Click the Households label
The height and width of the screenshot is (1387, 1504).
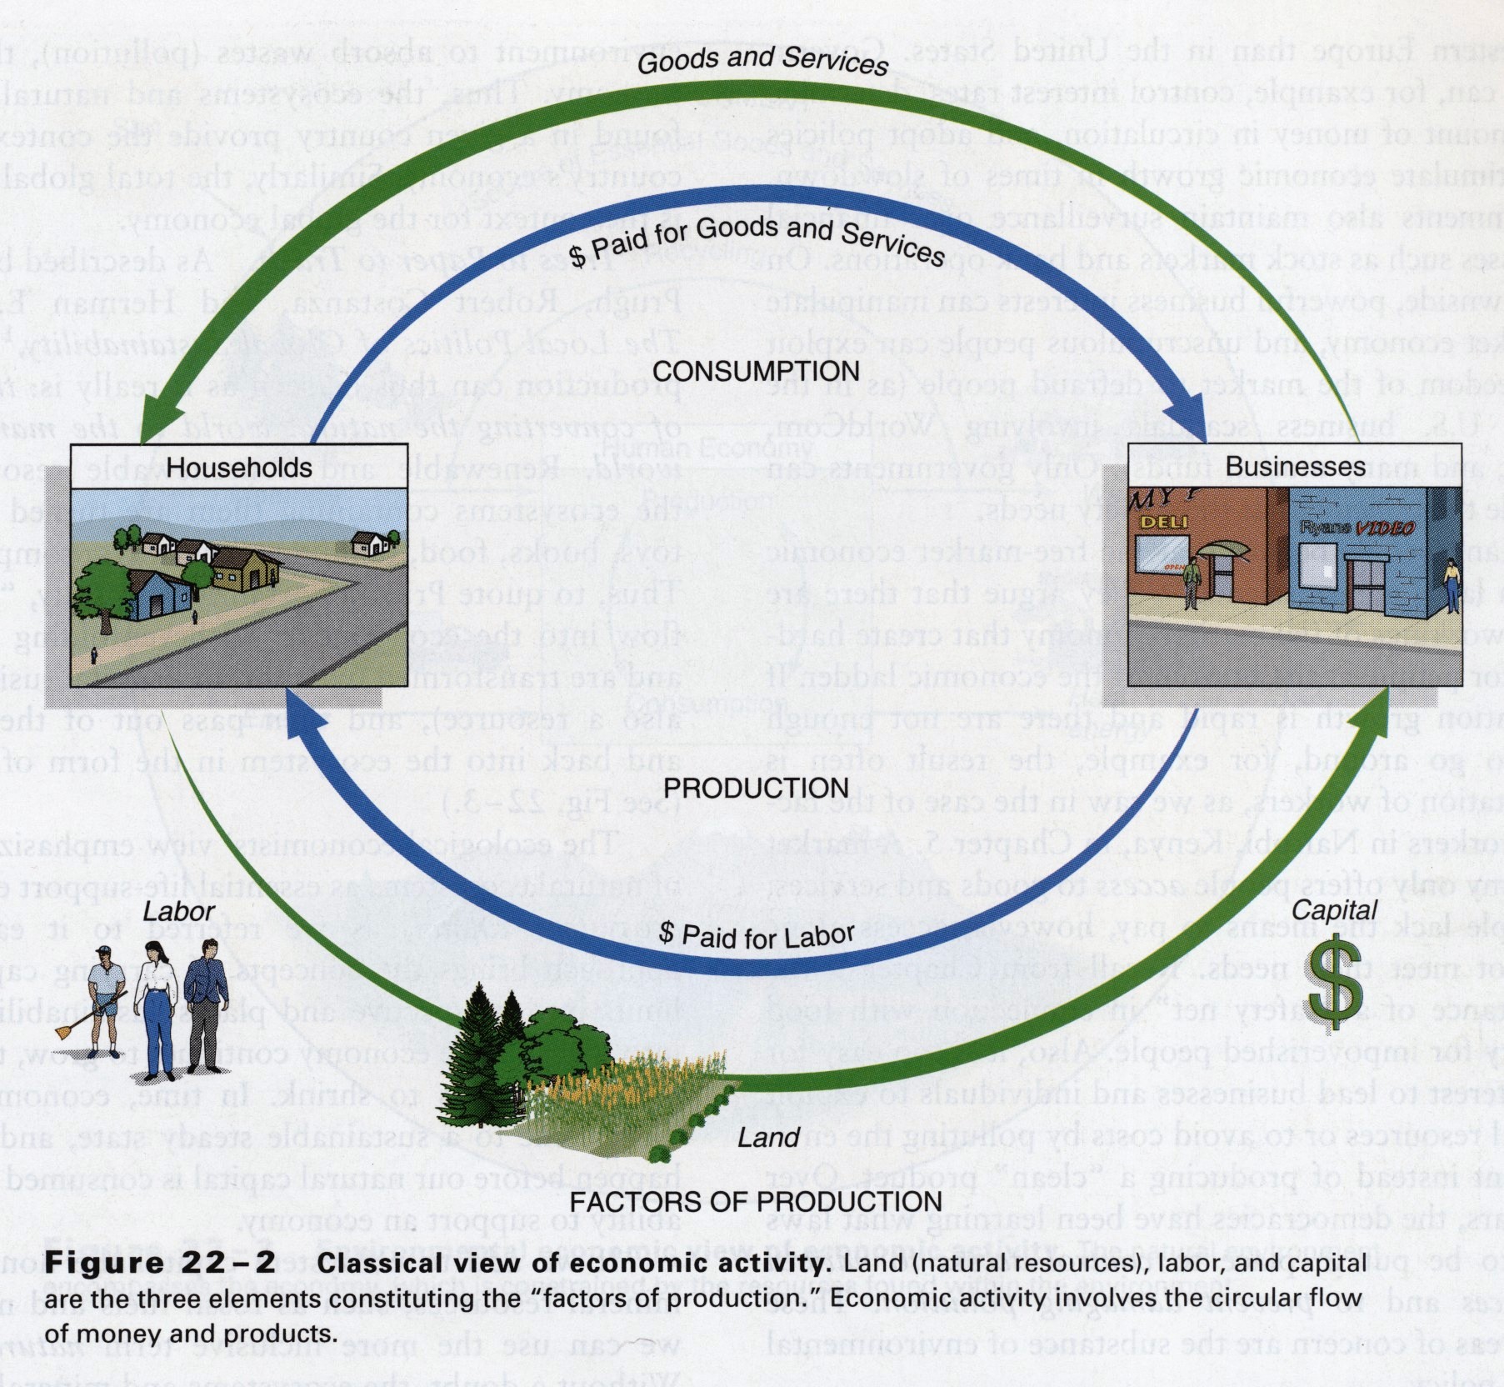[x=239, y=468]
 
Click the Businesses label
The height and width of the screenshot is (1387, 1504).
[x=1295, y=466]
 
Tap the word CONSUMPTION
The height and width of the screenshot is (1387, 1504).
[x=756, y=371]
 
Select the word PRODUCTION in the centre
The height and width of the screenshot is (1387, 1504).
[x=756, y=788]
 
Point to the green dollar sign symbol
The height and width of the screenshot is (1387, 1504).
[x=1335, y=984]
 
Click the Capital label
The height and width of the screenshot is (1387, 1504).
[x=1335, y=910]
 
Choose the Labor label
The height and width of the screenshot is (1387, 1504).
[x=178, y=912]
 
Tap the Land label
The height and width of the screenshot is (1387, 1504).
[x=767, y=1137]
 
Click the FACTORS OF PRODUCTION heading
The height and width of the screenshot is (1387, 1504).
[x=756, y=1201]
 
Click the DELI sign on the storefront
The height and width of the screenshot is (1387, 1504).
[x=1164, y=523]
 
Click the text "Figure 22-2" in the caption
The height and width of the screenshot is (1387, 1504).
[x=160, y=1262]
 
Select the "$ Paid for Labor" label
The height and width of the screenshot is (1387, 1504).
[x=757, y=935]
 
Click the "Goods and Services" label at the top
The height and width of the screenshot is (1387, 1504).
[x=763, y=60]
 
